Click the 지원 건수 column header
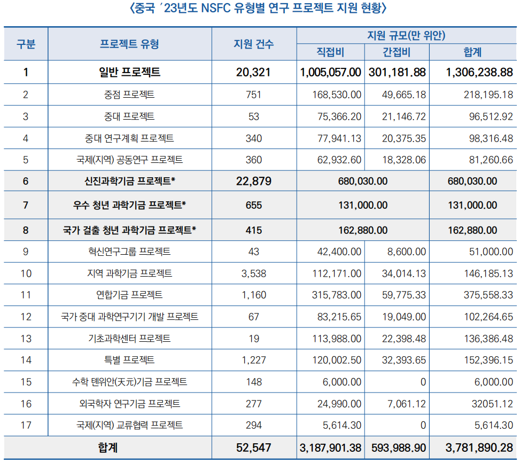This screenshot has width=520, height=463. point(253,44)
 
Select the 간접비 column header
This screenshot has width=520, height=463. point(397,52)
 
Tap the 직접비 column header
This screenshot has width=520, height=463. point(330,52)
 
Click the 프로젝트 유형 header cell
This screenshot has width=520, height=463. point(129,44)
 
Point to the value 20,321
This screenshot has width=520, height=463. point(253,72)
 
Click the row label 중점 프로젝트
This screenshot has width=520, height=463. point(129,95)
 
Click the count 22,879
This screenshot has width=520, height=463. point(253,182)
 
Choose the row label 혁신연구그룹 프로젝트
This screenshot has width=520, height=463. point(129,252)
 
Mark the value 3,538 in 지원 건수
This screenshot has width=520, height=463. point(253,273)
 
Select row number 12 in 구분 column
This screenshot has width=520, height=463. point(26,317)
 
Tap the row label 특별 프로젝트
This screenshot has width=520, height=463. point(129,360)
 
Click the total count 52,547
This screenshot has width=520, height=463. point(253,448)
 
